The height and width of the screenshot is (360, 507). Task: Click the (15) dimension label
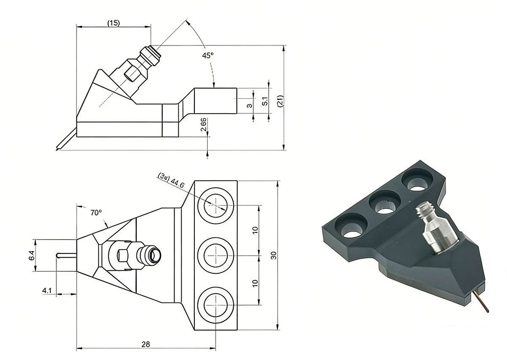(113, 23)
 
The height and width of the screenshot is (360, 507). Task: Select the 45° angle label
(208, 55)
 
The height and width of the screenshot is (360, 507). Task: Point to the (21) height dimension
(280, 100)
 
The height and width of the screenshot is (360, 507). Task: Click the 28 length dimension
(145, 344)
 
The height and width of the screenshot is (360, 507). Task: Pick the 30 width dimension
(273, 256)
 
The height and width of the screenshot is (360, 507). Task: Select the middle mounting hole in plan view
(215, 255)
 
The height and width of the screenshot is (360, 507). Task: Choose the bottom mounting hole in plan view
(215, 305)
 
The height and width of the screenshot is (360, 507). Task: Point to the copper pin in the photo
(482, 300)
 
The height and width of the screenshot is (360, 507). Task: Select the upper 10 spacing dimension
(255, 230)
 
